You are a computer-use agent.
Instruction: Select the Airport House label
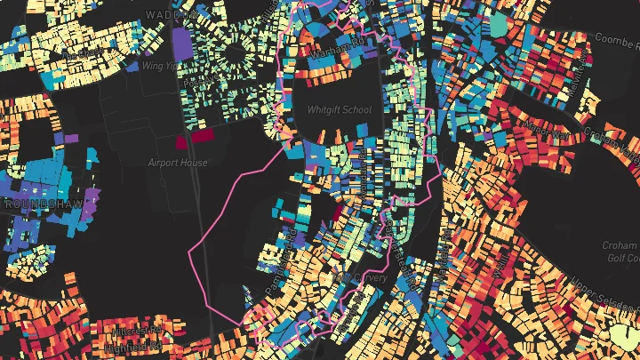[179, 164]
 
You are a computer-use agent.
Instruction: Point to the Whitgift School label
[339, 110]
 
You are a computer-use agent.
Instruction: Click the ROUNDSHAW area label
[36, 204]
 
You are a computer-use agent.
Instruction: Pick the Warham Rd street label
[336, 54]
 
